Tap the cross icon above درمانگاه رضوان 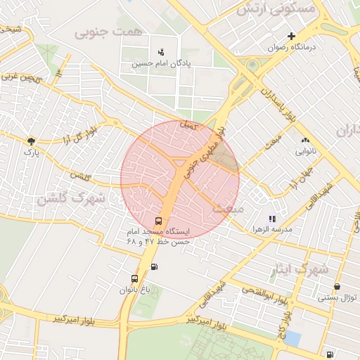tap(291, 36)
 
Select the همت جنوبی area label tap(106, 32)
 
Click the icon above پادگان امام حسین tap(161, 51)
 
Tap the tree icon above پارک tap(30, 140)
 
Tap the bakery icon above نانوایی tap(304, 140)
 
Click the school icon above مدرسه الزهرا tap(272, 219)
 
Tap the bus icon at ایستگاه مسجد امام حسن tap(157, 221)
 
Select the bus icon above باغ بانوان tap(134, 278)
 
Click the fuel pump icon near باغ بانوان tap(154, 266)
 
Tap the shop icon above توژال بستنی tap(337, 287)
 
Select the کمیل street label tap(188, 125)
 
